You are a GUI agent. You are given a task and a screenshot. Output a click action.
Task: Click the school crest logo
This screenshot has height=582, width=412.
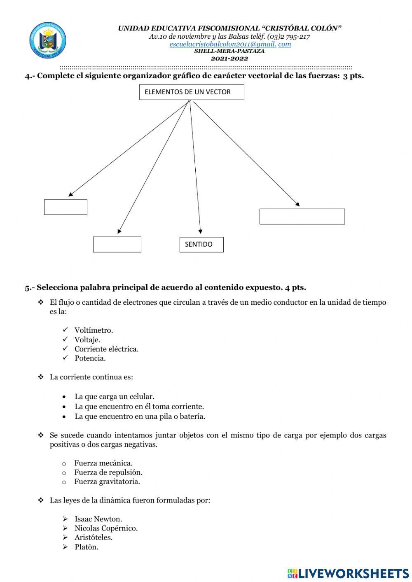(48, 41)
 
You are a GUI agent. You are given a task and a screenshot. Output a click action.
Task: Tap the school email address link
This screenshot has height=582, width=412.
(230, 44)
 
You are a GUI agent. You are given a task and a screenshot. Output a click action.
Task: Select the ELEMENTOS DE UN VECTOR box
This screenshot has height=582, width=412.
(192, 92)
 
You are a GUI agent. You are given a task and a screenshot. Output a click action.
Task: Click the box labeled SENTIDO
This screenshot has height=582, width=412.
(201, 244)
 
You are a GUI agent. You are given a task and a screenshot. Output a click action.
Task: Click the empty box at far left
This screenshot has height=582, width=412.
(66, 207)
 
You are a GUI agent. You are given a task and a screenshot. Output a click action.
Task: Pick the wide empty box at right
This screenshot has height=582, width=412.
(302, 217)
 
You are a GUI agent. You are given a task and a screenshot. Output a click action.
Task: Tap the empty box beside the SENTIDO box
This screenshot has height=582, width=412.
(117, 244)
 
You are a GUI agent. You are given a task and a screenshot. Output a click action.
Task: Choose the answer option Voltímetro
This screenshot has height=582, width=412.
(94, 330)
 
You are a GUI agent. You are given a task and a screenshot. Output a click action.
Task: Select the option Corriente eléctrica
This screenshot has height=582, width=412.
(106, 349)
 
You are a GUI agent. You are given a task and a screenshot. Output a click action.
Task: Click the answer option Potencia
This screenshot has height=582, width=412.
(90, 358)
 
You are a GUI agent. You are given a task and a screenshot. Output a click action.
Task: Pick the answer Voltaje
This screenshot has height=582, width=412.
(87, 339)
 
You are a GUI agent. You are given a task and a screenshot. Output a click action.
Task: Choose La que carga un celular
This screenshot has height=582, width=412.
(114, 397)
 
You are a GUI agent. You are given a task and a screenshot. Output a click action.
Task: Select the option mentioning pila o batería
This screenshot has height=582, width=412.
(140, 416)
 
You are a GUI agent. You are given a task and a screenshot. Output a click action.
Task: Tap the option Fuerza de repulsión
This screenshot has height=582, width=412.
(108, 472)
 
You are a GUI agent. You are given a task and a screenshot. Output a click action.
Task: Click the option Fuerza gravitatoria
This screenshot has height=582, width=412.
(107, 481)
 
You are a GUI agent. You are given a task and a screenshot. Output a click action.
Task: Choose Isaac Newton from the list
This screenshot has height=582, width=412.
(98, 519)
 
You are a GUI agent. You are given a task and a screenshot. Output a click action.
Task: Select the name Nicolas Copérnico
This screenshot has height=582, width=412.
(106, 528)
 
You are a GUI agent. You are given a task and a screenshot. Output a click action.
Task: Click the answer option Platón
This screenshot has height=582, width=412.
(87, 547)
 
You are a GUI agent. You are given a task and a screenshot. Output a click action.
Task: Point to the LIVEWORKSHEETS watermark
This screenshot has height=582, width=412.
(348, 573)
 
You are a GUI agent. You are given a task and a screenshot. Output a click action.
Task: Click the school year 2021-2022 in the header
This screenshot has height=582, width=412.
(229, 58)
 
